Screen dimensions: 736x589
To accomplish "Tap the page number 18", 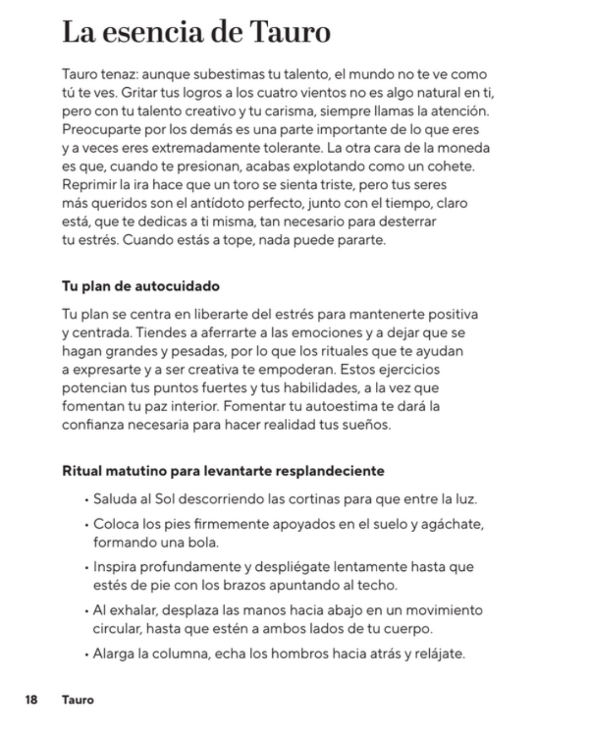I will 31,699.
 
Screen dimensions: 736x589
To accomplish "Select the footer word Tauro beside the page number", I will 77,699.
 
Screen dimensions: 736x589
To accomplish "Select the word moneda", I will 464,148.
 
